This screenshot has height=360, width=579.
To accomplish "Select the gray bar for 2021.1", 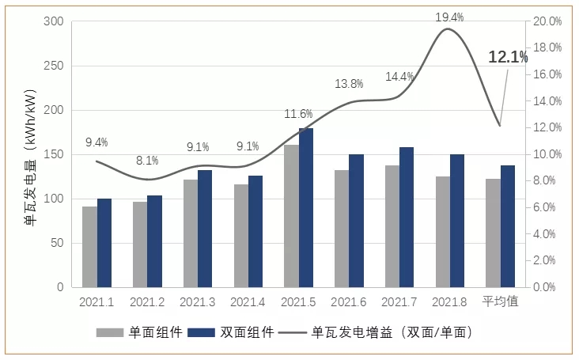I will tap(90, 247).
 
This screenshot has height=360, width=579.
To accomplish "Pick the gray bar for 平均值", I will tap(493, 233).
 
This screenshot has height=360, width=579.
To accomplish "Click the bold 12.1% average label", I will tap(508, 57).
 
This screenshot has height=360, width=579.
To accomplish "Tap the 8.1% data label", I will tap(147, 160).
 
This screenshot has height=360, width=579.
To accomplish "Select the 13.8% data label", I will tap(349, 84).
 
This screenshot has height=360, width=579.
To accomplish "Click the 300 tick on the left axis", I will tap(52, 21).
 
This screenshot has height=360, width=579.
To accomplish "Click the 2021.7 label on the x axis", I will tap(399, 301).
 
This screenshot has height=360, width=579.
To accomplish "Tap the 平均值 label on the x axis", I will tap(500, 301).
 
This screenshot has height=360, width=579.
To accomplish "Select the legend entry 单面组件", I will tap(142, 332).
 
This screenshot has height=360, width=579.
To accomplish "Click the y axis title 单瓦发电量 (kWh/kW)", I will tap(30, 157).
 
